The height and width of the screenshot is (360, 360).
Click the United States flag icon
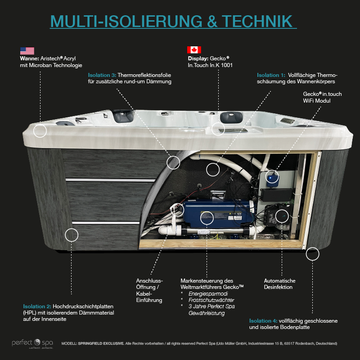27,51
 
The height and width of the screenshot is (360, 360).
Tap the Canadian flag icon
194,50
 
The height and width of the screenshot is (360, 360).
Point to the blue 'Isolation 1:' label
271,75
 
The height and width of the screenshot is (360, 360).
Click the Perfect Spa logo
32,343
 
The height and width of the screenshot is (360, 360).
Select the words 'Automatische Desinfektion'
279,283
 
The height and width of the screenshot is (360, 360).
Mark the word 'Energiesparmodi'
207,293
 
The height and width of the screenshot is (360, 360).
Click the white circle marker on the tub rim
40,131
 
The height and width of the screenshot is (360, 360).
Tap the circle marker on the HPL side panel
72,234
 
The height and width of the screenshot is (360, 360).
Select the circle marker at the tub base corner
312,254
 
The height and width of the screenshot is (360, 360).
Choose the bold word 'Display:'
198,58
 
